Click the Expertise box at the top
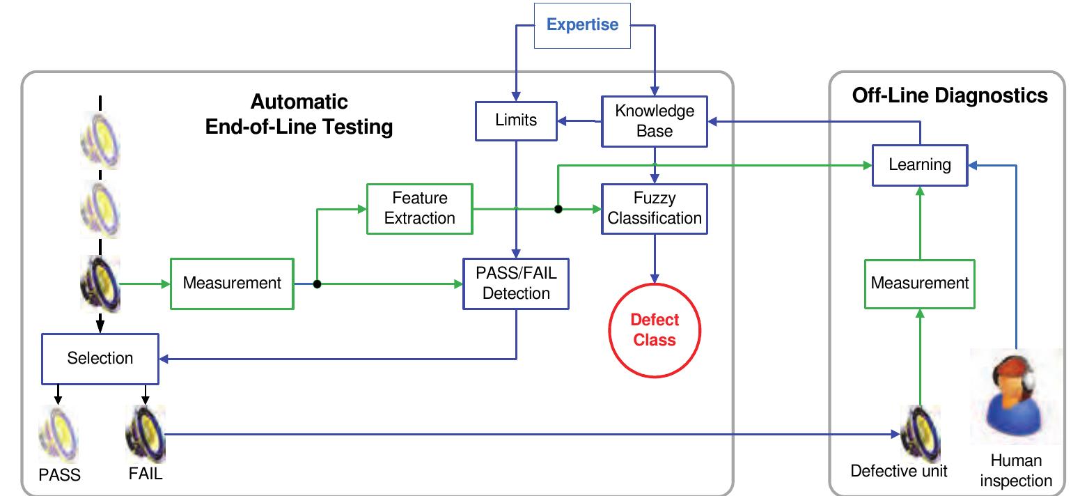582,26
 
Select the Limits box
516,121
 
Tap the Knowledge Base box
655,121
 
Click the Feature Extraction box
420,208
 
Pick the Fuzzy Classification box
655,208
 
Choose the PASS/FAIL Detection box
516,283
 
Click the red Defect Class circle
655,330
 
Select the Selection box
100,358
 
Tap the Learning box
920,165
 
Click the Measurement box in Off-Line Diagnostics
920,284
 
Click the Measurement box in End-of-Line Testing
232,284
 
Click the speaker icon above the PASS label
58,435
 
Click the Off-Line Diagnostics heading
950,96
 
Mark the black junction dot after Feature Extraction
558,208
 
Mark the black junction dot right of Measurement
317,284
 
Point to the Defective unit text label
899,472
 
